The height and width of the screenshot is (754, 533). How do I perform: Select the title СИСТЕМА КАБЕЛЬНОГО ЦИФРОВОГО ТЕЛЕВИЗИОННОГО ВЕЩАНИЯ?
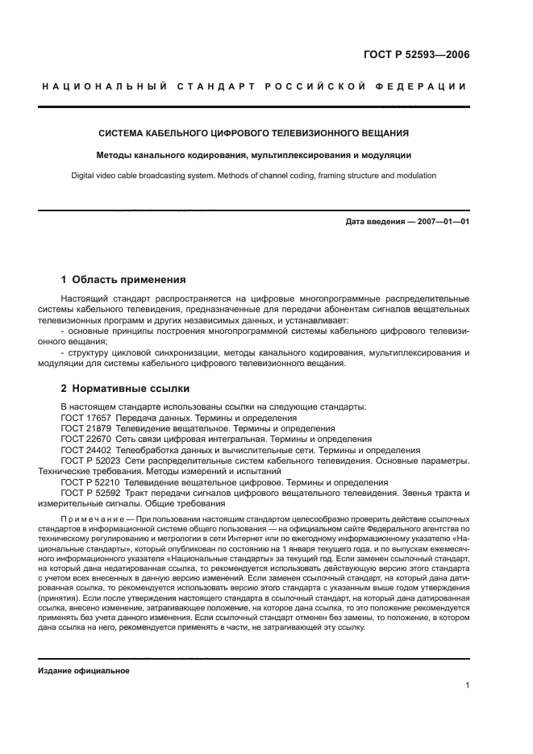[x=253, y=133]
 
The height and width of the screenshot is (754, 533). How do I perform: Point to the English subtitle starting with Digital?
[x=253, y=175]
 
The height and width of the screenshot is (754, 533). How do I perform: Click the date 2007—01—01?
[x=441, y=221]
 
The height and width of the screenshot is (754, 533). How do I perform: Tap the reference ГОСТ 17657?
[x=85, y=418]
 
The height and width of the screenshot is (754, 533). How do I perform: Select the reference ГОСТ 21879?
[x=85, y=428]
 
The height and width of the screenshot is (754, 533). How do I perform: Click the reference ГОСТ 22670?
[x=85, y=439]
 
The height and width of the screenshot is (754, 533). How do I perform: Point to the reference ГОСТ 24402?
[x=85, y=449]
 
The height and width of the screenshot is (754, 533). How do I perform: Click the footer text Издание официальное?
[x=84, y=670]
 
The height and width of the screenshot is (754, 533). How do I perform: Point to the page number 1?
[x=467, y=685]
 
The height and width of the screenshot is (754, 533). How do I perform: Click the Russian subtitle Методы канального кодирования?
[x=253, y=154]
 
